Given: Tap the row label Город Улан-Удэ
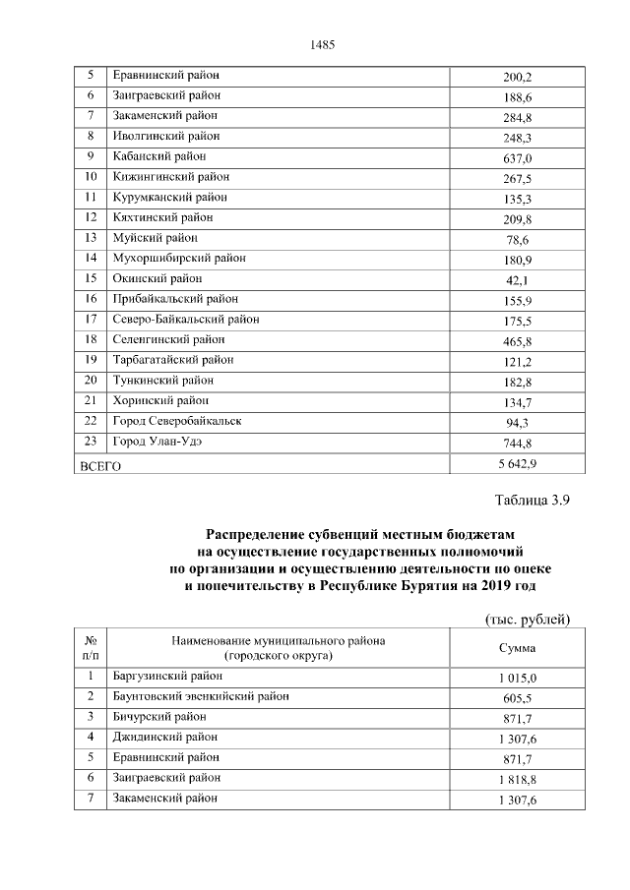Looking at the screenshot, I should click(x=157, y=442).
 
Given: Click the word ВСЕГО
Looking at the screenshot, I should click(x=99, y=466).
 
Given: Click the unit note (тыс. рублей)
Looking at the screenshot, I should click(x=529, y=619).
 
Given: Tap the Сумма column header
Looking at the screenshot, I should click(x=517, y=648).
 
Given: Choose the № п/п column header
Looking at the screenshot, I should click(x=91, y=648).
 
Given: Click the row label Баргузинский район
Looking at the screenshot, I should click(x=168, y=677).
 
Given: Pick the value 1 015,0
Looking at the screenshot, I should click(x=517, y=679).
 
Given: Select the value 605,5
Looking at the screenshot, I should click(x=517, y=698).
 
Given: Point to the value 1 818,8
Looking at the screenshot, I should click(x=517, y=780).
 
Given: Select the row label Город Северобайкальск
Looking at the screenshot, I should click(x=177, y=421).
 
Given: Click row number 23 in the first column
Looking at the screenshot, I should click(x=91, y=442).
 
